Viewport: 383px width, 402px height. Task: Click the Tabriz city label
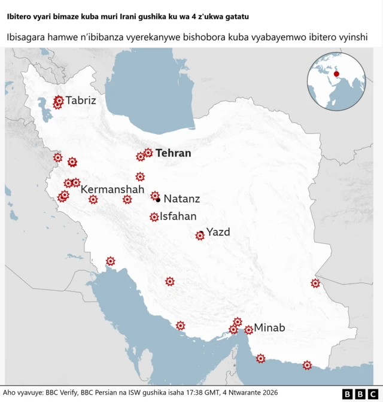point(81,100)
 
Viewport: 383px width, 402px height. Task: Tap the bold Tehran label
point(173,153)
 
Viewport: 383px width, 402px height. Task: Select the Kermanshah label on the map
point(113,190)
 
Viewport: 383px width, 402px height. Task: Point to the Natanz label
point(181,199)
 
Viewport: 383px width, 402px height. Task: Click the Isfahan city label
point(178,217)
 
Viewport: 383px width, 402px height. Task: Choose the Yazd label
point(218,232)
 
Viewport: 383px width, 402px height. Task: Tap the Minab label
point(269,327)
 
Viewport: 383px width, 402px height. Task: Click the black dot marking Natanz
point(158,200)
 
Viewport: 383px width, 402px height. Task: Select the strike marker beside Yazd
point(200,236)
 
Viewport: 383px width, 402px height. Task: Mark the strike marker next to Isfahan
point(154,217)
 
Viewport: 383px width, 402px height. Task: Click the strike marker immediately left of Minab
point(248,330)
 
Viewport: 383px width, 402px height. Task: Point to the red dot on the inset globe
point(336,74)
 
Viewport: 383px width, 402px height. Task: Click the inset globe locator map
point(336,81)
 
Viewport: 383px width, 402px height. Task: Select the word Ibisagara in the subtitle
point(28,38)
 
